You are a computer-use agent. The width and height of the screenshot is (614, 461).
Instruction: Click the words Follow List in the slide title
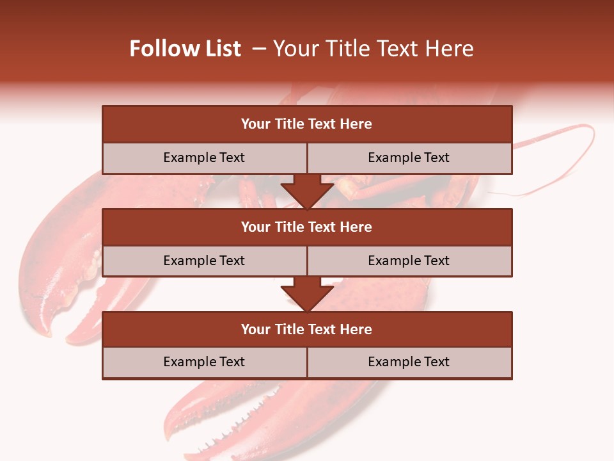[x=185, y=49]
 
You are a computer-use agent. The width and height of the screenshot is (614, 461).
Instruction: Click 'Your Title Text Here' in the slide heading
[x=373, y=49]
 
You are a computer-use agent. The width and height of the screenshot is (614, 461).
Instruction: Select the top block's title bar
[x=307, y=124]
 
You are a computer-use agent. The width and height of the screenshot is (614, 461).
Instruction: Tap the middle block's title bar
[x=307, y=227]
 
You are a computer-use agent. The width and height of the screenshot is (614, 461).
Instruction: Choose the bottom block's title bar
[x=307, y=330]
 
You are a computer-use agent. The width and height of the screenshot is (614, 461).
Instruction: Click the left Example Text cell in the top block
[x=204, y=158]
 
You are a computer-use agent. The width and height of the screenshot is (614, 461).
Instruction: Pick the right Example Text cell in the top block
[x=409, y=158]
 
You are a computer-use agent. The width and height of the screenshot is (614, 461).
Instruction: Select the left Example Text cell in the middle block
[x=204, y=261]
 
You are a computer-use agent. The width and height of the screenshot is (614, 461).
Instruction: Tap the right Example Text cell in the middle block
[x=409, y=261]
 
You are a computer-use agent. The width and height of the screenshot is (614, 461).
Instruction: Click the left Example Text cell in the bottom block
[x=204, y=362]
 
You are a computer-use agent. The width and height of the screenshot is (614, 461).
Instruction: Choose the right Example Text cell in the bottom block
[x=409, y=362]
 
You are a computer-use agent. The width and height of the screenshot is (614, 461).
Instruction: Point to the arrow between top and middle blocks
[x=307, y=191]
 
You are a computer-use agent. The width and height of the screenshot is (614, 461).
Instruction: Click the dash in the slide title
[x=259, y=49]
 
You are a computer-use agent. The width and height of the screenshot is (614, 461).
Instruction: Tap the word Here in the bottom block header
[x=356, y=330]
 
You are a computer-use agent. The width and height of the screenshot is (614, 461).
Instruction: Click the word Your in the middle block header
[x=256, y=227]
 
